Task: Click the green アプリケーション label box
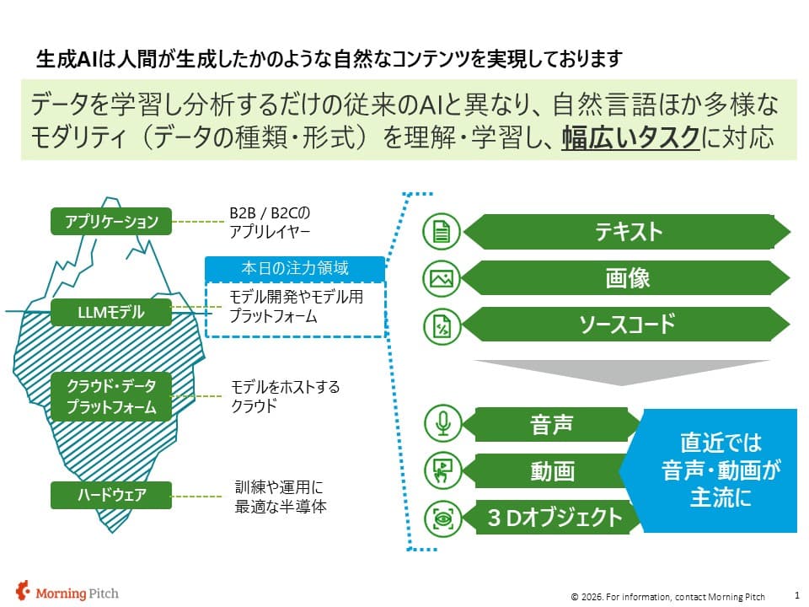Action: [111, 222]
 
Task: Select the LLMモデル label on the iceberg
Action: [111, 312]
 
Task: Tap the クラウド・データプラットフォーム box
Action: [111, 396]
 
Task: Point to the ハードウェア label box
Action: [111, 495]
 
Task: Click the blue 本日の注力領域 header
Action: [295, 268]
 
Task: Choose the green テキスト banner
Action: [627, 232]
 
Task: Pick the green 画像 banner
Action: [626, 278]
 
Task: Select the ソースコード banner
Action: [626, 324]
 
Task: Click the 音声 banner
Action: [551, 424]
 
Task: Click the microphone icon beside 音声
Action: [442, 423]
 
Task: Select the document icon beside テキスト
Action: [441, 232]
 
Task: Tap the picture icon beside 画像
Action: [441, 279]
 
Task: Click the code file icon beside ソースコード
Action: [442, 325]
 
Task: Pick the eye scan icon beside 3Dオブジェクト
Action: [442, 518]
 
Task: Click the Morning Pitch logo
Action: [67, 592]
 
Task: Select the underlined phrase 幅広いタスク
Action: [630, 137]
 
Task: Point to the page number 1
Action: [797, 595]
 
